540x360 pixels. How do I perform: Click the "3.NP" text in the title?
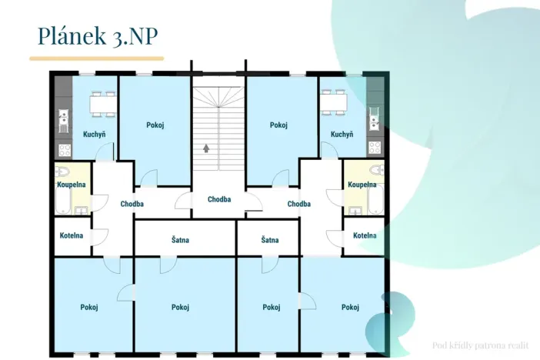click(135, 36)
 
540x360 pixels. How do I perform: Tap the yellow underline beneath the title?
click(96, 58)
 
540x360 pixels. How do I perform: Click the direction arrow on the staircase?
click(206, 148)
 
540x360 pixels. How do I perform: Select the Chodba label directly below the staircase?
click(219, 199)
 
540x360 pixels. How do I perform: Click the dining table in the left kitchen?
click(102, 104)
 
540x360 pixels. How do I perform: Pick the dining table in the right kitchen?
click(334, 102)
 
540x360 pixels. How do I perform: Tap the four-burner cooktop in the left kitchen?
click(65, 150)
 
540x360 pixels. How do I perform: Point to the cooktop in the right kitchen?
click(375, 148)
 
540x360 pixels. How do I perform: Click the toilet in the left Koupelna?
click(62, 172)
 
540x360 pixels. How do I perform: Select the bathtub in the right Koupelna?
click(375, 199)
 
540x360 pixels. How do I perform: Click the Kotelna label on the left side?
click(72, 235)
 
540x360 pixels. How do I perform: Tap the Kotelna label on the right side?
click(365, 235)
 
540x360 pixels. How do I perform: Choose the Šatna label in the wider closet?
click(180, 240)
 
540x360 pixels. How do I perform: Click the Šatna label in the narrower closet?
click(270, 240)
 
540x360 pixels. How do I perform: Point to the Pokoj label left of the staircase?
click(155, 125)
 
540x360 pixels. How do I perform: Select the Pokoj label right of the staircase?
click(278, 125)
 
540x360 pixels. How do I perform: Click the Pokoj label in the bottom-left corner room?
click(89, 307)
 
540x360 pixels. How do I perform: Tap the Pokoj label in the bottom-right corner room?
click(350, 307)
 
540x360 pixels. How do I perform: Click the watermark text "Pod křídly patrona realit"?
click(481, 345)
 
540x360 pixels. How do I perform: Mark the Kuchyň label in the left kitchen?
click(94, 135)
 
